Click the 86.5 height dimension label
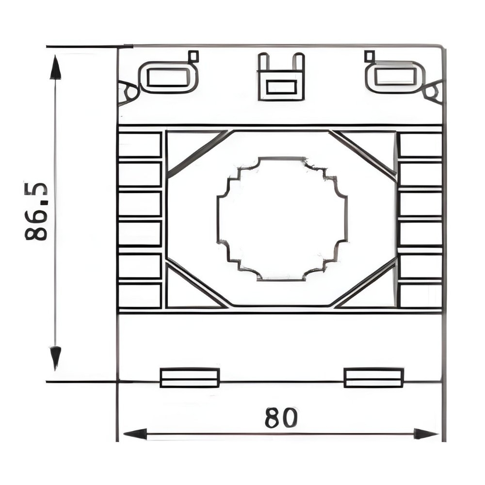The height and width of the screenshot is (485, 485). (36, 211)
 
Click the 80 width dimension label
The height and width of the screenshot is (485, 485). (281, 418)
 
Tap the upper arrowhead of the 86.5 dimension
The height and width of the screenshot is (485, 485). (55, 67)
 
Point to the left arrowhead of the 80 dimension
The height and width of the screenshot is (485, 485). (135, 434)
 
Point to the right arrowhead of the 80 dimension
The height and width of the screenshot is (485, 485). (426, 434)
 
